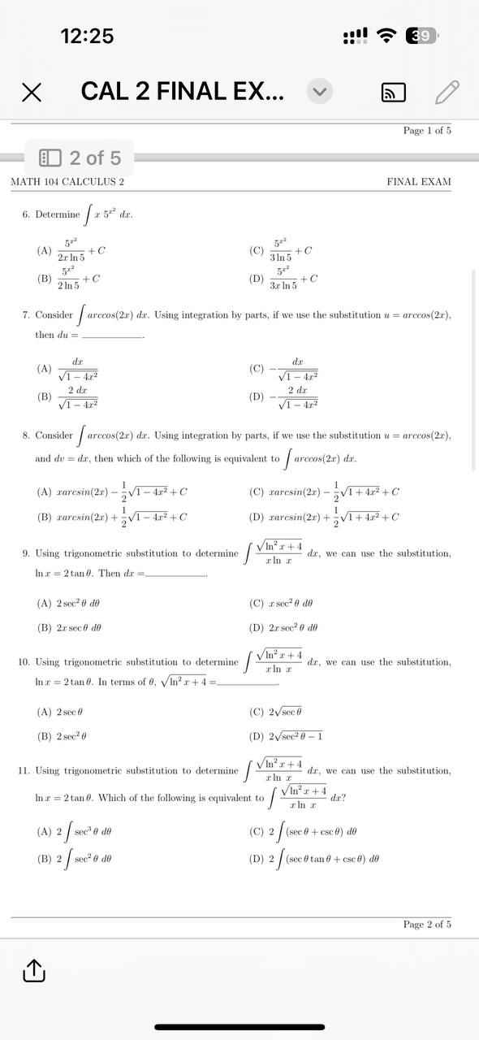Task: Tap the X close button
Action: (x=31, y=93)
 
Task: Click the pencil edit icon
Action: (x=447, y=93)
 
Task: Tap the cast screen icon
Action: (x=393, y=93)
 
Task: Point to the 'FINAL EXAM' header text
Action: (x=419, y=182)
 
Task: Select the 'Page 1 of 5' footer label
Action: (x=427, y=130)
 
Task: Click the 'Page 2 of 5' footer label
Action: (x=427, y=924)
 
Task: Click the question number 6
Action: (x=26, y=214)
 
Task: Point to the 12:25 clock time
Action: (x=87, y=36)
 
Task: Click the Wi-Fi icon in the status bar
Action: (x=389, y=36)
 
